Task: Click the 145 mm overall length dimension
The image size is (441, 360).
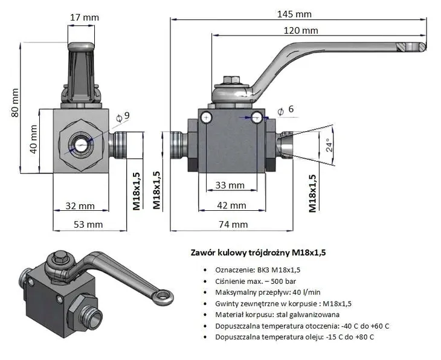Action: pyautogui.click(x=295, y=13)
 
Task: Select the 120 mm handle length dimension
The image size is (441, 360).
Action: pyautogui.click(x=301, y=30)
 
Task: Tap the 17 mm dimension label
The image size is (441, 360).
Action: pyautogui.click(x=84, y=18)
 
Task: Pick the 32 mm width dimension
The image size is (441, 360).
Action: pyautogui.click(x=80, y=206)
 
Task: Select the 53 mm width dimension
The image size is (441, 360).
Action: pyautogui.click(x=88, y=224)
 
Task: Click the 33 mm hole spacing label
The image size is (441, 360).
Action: pyautogui.click(x=230, y=185)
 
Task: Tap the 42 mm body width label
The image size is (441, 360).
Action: pyautogui.click(x=232, y=205)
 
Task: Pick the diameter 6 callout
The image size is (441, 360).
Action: pyautogui.click(x=285, y=109)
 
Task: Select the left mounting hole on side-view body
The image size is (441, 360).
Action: pyautogui.click(x=207, y=117)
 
